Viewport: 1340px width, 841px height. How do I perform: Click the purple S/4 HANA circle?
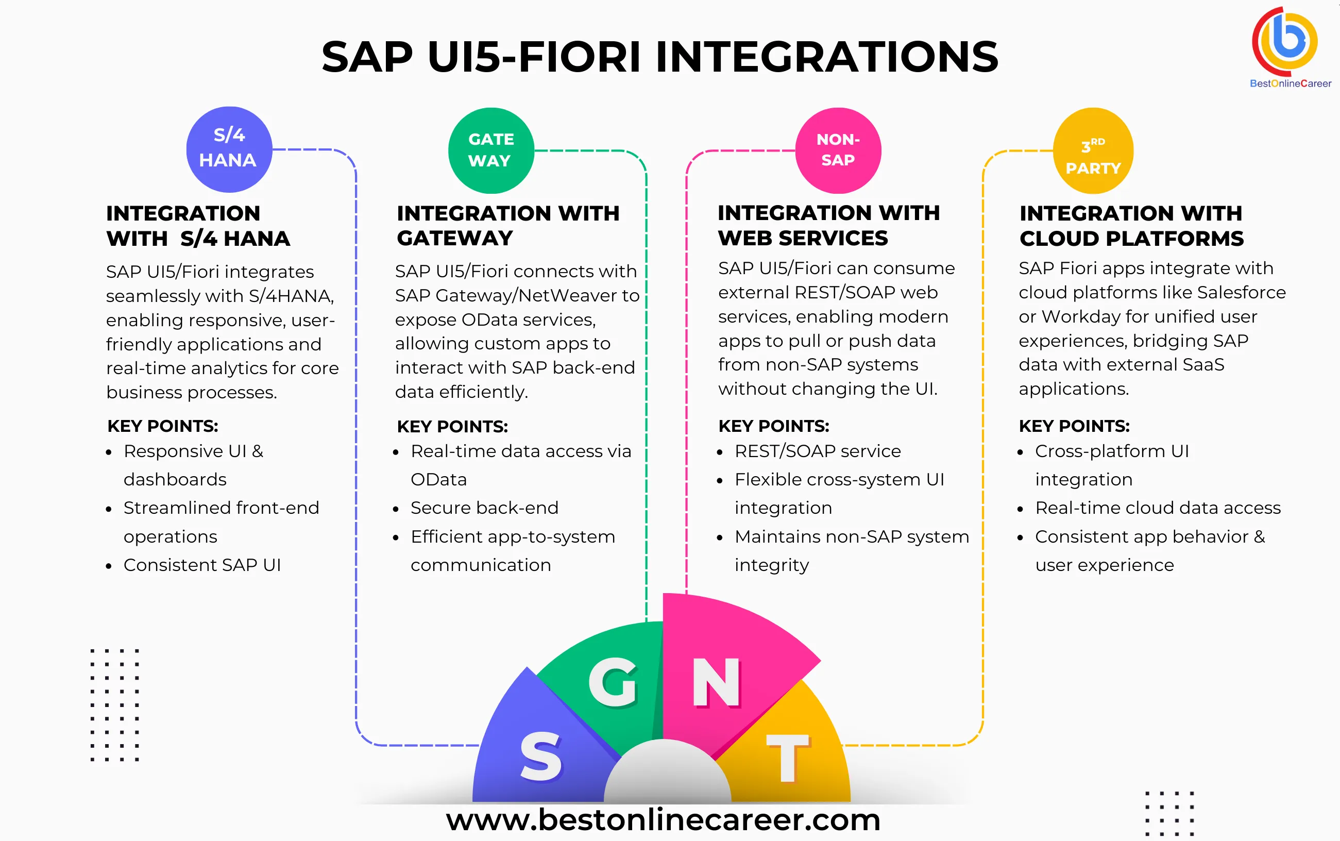tap(229, 149)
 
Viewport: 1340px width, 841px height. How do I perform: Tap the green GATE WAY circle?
tap(490, 150)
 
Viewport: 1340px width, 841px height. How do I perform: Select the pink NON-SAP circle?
tap(837, 150)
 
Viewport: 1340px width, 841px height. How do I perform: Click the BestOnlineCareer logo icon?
tap(1285, 42)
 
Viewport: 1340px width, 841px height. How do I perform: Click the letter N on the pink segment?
tap(716, 682)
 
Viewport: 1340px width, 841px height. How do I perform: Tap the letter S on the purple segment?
tap(540, 756)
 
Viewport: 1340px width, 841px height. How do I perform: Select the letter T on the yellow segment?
tap(787, 757)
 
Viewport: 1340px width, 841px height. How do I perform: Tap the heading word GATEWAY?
tap(455, 238)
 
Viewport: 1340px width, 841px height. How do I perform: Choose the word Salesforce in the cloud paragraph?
tap(1241, 292)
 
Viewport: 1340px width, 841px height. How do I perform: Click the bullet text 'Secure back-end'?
tap(484, 508)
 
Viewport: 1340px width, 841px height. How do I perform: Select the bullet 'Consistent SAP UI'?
tap(202, 565)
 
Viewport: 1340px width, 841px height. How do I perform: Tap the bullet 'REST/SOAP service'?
tap(818, 451)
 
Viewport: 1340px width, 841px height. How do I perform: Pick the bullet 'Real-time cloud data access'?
tap(1158, 508)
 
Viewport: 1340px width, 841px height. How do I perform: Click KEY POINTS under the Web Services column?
tap(773, 426)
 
